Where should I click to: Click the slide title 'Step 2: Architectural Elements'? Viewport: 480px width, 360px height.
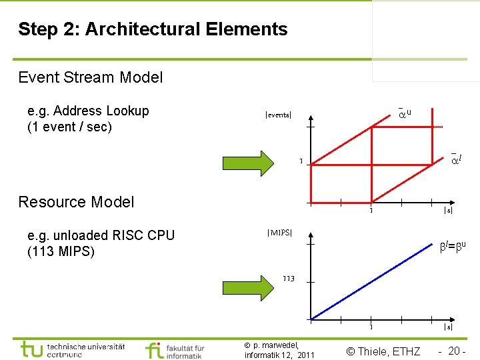tap(153, 29)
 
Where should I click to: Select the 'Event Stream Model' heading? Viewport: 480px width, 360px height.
tap(91, 77)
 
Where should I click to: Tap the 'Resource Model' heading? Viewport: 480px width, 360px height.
tap(76, 202)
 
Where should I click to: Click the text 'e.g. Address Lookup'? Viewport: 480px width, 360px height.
tap(88, 111)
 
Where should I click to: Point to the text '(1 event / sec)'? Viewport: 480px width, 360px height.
tap(69, 127)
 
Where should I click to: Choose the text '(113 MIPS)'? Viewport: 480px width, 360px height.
tap(61, 251)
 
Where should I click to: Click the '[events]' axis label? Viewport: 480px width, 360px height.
tap(278, 115)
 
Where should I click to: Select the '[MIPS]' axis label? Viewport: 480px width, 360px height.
tap(279, 232)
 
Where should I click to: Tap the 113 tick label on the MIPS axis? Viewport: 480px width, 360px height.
tap(289, 278)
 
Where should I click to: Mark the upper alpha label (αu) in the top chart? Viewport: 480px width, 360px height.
tap(404, 113)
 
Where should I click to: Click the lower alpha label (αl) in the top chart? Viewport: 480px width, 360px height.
tap(456, 159)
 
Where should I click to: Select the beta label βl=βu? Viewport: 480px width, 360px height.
tap(452, 246)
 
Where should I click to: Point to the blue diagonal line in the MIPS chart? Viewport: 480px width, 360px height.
tap(373, 284)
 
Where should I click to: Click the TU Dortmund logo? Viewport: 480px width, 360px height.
tap(73, 349)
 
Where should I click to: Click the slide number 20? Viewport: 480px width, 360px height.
tap(455, 351)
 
